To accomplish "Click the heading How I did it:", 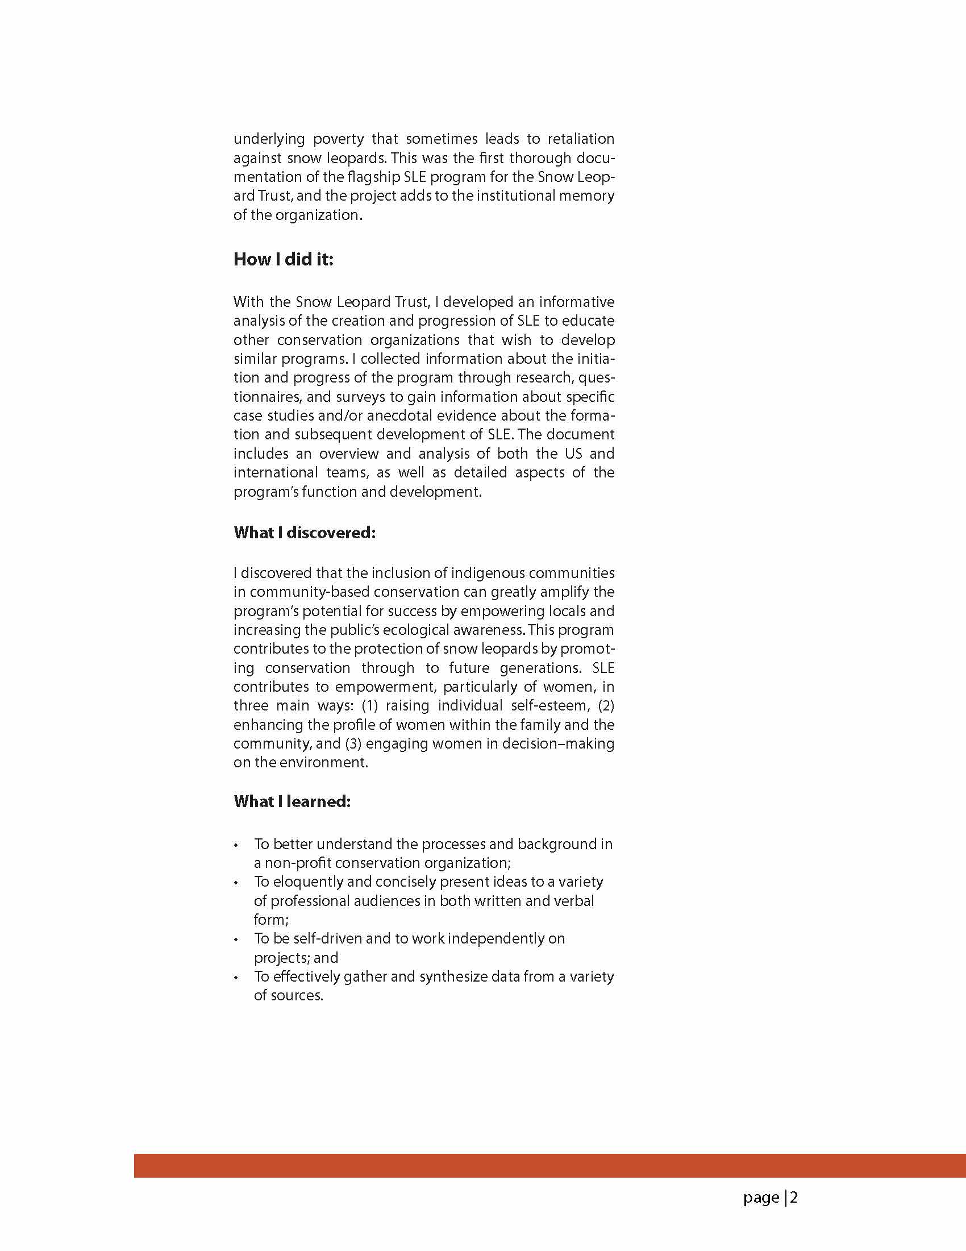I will tap(284, 260).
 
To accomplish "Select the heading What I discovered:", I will tap(305, 533).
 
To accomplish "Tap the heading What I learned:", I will tap(292, 801).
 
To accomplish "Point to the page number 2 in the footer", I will tap(794, 1198).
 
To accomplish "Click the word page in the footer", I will tap(761, 1198).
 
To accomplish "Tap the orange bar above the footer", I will tap(549, 1166).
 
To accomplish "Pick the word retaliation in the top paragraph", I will tap(581, 139).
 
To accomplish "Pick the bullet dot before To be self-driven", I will tap(236, 940).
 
